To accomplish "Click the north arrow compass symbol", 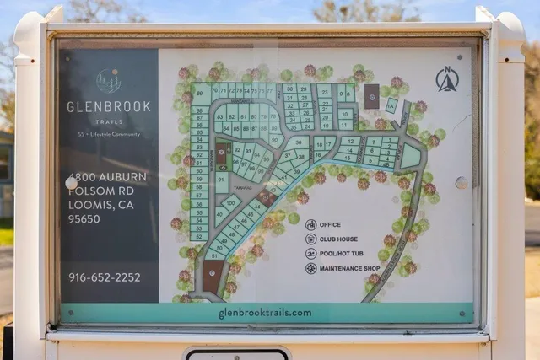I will point(446,80).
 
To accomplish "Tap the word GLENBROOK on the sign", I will point(109,107).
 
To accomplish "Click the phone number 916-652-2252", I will point(105,277).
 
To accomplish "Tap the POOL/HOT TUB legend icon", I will point(310,254).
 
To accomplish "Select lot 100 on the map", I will point(229,203).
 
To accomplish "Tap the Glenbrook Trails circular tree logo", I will point(108,81).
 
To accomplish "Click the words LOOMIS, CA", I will point(95,205).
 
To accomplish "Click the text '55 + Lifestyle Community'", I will point(109,135).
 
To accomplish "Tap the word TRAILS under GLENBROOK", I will point(109,121).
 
